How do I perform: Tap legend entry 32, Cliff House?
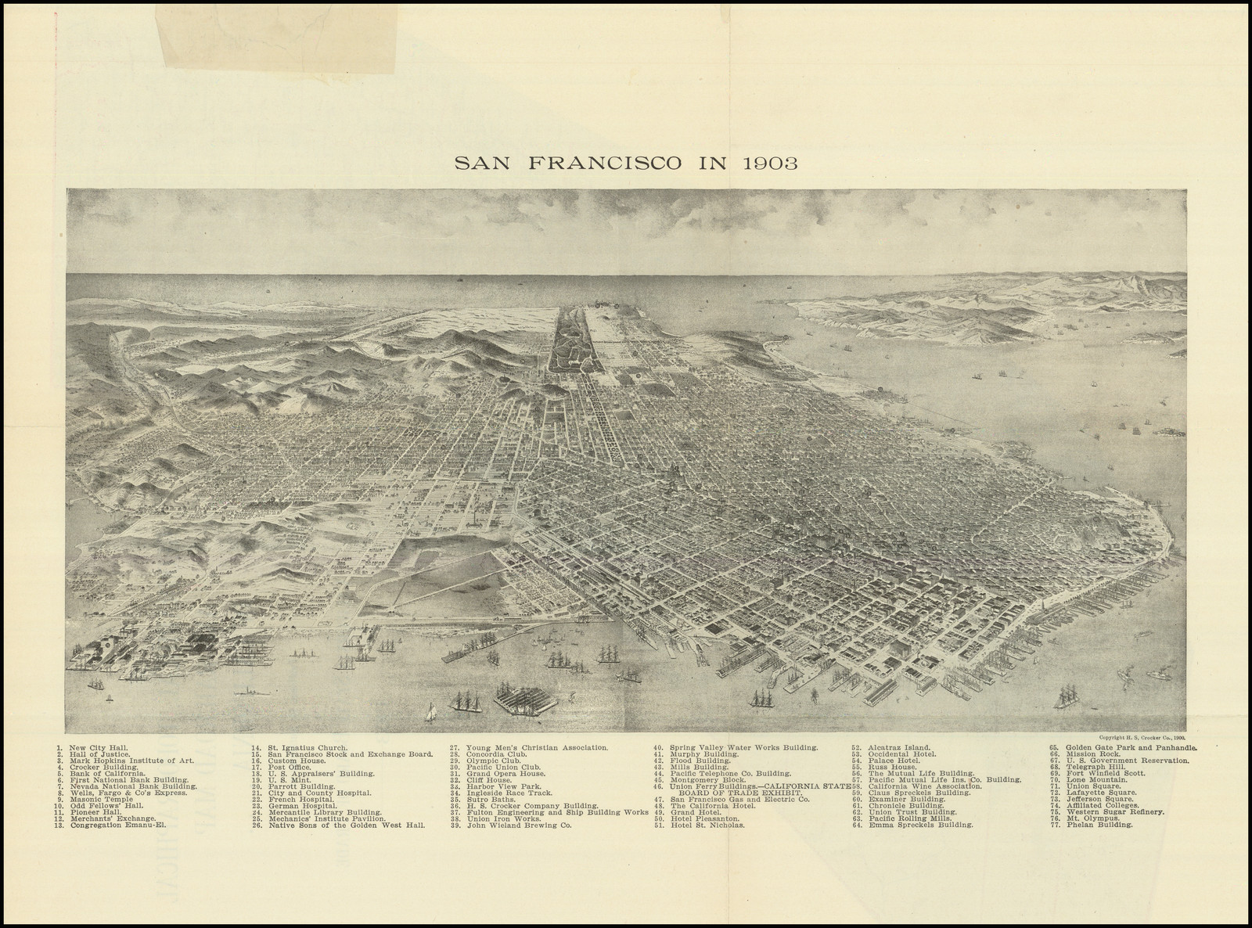[x=492, y=780]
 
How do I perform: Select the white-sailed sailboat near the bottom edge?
[x=430, y=711]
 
